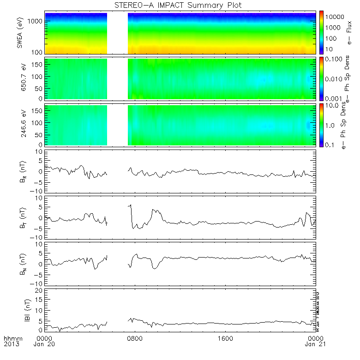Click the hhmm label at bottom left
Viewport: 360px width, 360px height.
pos(12,338)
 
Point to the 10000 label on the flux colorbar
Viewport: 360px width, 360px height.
pos(336,17)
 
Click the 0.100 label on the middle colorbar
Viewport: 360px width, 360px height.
pos(335,60)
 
